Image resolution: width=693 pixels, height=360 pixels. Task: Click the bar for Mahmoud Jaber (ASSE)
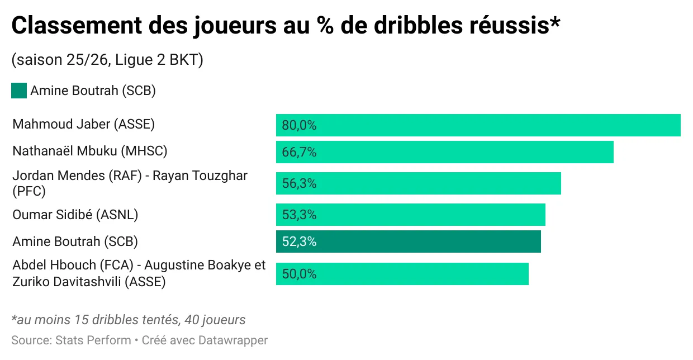tap(478, 125)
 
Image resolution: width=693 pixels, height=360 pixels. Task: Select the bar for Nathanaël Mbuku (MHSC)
tap(444, 152)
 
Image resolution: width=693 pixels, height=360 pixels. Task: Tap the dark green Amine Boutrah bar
tap(408, 241)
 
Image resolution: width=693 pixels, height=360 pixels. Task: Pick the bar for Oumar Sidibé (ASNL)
tap(410, 215)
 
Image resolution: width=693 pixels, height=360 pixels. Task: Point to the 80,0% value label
tap(299, 125)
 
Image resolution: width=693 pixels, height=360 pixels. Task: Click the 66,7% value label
tap(299, 152)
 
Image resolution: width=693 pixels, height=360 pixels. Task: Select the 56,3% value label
tap(299, 183)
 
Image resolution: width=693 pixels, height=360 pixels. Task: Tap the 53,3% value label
tap(299, 215)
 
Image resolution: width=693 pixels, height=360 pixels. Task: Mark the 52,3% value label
tap(299, 241)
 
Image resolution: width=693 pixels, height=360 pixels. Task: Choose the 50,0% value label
tap(299, 274)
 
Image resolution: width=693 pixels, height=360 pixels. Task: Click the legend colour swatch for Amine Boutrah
tap(19, 91)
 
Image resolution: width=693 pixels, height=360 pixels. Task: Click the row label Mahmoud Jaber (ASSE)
tap(83, 124)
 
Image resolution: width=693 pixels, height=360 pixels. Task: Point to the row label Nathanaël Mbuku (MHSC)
tap(90, 151)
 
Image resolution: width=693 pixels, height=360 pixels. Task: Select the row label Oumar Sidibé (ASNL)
tap(75, 214)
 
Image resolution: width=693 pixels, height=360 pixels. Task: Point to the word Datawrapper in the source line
tap(232, 340)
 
